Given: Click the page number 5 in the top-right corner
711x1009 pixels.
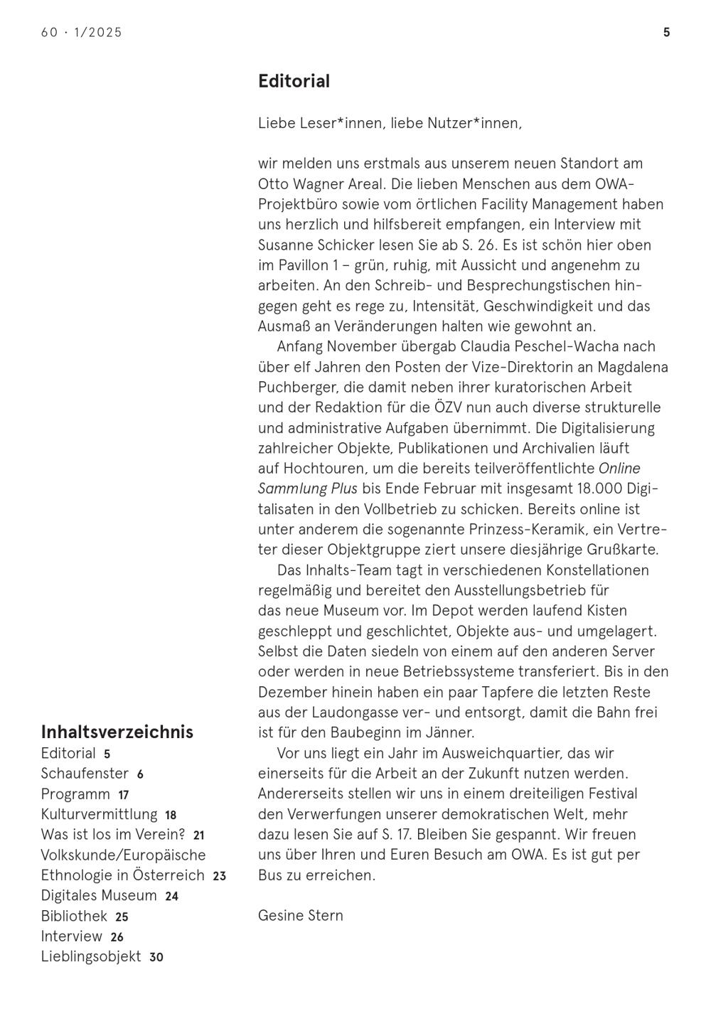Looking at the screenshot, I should point(666,32).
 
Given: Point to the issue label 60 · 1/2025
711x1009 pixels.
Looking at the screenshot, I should point(82,32).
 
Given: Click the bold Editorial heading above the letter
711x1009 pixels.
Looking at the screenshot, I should point(294,81).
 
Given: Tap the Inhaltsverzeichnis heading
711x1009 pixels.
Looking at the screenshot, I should point(117,732).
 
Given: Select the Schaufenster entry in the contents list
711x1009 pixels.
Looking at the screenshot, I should point(85,774).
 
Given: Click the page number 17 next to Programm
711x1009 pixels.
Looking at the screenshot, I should point(124,795).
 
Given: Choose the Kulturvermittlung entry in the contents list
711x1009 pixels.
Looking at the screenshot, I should point(99,814).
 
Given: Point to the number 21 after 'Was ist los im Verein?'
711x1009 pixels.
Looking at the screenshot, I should point(199,836).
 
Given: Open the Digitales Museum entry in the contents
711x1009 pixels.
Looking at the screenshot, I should point(99,896).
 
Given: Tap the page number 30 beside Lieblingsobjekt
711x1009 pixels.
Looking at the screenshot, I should point(156,958).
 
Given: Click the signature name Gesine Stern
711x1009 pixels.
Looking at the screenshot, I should point(300,915).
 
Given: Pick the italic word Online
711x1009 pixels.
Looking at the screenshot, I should point(619,469).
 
